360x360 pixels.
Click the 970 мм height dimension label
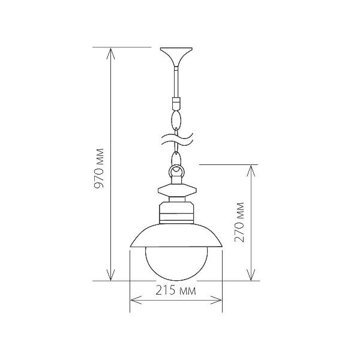[x=100, y=168]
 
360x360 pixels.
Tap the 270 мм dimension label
[x=239, y=222]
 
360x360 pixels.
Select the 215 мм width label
[x=176, y=290]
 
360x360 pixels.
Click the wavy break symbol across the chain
[x=177, y=139]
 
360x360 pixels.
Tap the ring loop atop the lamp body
[x=176, y=171]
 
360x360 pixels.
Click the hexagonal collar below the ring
[x=177, y=190]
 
